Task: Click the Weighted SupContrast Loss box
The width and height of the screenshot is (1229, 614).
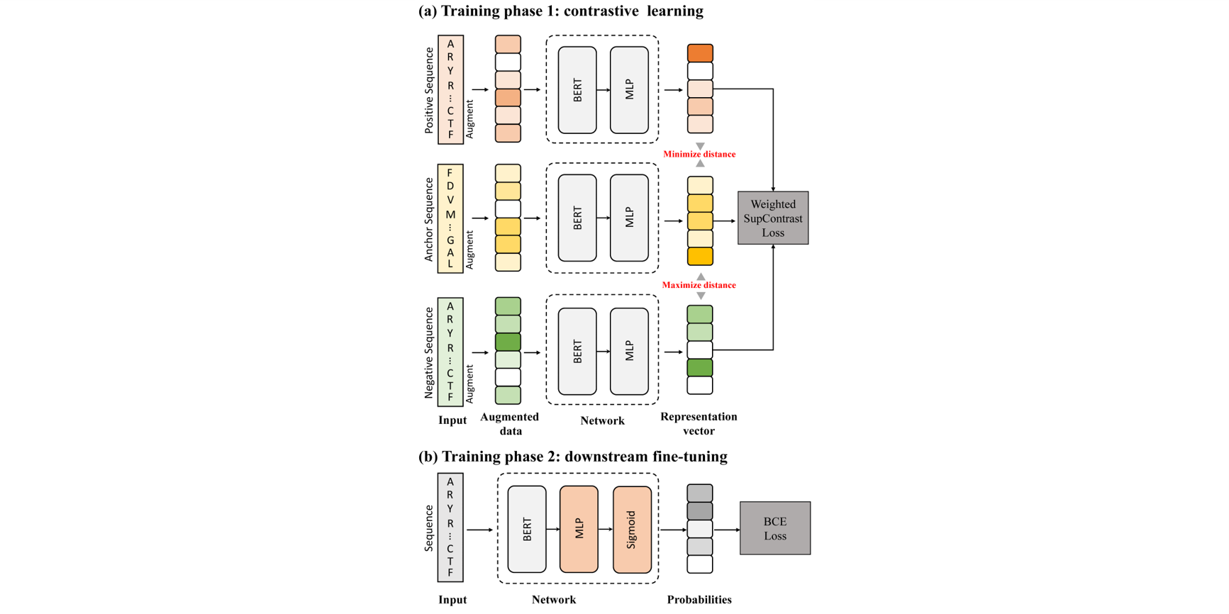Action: pyautogui.click(x=772, y=218)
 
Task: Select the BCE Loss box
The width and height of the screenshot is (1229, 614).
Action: pyautogui.click(x=774, y=528)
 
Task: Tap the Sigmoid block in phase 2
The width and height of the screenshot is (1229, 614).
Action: pyautogui.click(x=632, y=529)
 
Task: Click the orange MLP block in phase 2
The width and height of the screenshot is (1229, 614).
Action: pyautogui.click(x=579, y=529)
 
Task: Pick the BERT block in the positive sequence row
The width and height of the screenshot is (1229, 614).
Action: pyautogui.click(x=577, y=90)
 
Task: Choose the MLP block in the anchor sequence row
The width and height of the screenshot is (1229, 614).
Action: pyautogui.click(x=629, y=218)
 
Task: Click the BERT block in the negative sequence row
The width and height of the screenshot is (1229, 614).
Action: pyautogui.click(x=577, y=351)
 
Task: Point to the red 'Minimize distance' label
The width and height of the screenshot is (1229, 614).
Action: pyautogui.click(x=699, y=154)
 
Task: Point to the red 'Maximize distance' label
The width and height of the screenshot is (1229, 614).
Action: pyautogui.click(x=699, y=285)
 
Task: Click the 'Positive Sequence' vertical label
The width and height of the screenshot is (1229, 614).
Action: pyautogui.click(x=429, y=90)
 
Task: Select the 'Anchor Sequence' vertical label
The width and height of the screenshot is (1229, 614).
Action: pyautogui.click(x=429, y=219)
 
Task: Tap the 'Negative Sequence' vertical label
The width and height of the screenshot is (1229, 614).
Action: pyautogui.click(x=429, y=352)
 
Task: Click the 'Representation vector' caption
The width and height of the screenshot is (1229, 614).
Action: pyautogui.click(x=699, y=423)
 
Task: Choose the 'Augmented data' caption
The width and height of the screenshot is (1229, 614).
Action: pyautogui.click(x=510, y=423)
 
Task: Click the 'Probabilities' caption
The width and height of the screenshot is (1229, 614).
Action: pyautogui.click(x=699, y=600)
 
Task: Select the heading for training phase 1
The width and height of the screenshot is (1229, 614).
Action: pyautogui.click(x=561, y=11)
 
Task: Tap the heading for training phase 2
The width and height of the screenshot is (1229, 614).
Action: pyautogui.click(x=572, y=456)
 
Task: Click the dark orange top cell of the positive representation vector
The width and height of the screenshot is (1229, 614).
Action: pyautogui.click(x=700, y=53)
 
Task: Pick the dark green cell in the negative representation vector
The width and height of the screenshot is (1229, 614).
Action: pyautogui.click(x=700, y=367)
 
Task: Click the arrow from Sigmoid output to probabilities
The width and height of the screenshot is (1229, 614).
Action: pyautogui.click(x=673, y=530)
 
